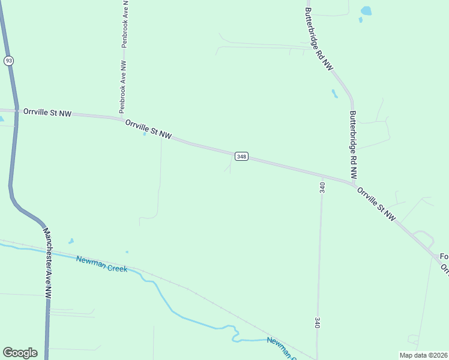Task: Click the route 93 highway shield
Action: pos(8,61)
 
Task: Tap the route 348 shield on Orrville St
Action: pos(241,157)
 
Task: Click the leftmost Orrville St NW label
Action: pos(47,112)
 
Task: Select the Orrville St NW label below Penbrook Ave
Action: pos(148,130)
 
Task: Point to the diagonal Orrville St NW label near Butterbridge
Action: pos(376,204)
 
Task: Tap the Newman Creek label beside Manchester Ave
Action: pos(101,264)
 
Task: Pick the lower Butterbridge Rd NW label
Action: pos(353,145)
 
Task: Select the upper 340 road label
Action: pos(322,187)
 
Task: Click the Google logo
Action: pos(20,353)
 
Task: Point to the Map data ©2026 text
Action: pos(423,355)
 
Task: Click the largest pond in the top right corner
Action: pos(366,11)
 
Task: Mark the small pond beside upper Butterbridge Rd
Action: pos(334,94)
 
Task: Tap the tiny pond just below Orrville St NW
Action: pos(145,134)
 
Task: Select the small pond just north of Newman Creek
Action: pos(71,241)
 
